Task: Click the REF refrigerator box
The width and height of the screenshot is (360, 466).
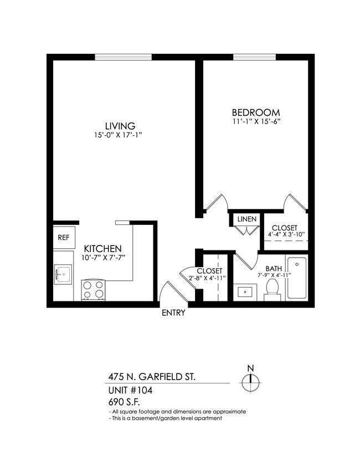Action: (64, 237)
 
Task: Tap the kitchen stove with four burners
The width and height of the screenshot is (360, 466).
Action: (94, 290)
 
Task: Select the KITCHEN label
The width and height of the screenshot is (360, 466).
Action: (102, 249)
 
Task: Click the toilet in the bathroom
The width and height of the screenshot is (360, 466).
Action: (271, 288)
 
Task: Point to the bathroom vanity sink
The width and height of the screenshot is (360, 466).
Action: (244, 291)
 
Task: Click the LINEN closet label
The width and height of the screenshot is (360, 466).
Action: (246, 219)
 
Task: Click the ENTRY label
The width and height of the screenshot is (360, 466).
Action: (173, 313)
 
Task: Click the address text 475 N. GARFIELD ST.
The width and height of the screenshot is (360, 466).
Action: (151, 377)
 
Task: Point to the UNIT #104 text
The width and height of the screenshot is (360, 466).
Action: (130, 390)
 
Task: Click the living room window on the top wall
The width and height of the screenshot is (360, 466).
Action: (123, 57)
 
